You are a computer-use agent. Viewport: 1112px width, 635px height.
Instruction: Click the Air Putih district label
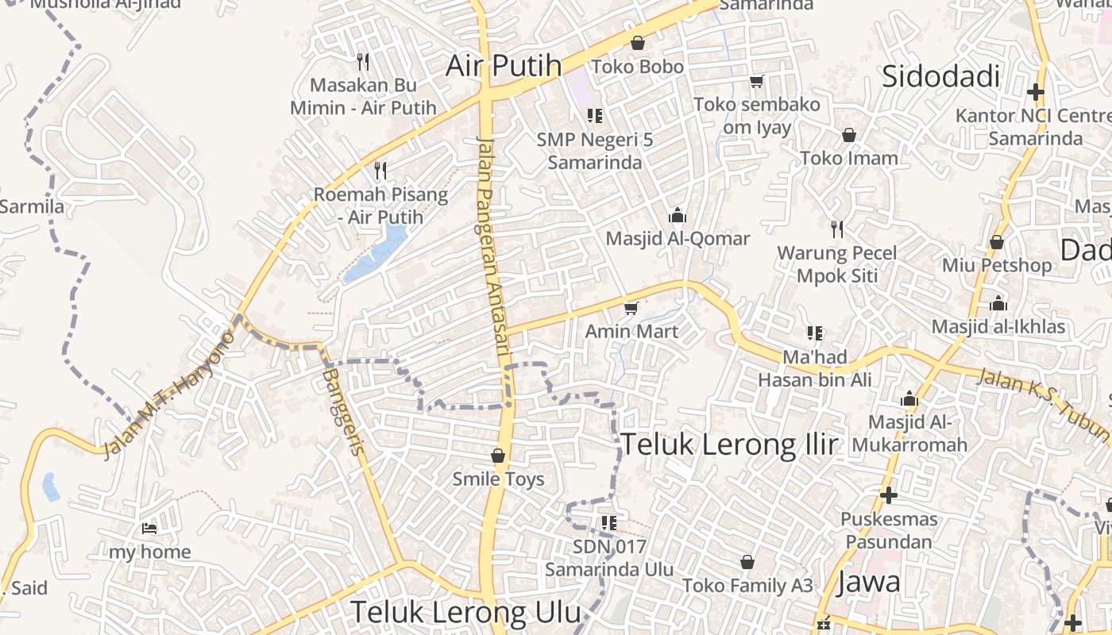(x=504, y=66)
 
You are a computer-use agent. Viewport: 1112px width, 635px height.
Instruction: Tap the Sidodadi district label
(x=940, y=77)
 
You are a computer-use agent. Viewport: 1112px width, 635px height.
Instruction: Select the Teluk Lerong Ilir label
(x=728, y=444)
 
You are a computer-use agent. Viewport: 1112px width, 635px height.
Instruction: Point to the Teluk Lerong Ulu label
(x=466, y=612)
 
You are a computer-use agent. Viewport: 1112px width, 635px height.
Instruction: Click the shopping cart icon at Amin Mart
(x=631, y=308)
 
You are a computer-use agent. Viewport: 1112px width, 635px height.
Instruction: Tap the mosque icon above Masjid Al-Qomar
(x=677, y=215)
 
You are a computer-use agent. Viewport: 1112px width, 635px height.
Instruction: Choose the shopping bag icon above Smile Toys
(x=498, y=456)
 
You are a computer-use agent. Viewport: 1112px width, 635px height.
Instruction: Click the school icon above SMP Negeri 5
(x=594, y=116)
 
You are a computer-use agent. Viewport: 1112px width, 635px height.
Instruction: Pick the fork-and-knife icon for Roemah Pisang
(x=380, y=170)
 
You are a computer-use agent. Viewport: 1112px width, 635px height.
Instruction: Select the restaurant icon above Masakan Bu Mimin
(x=363, y=61)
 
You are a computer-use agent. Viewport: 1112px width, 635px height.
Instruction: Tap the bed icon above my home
(x=149, y=529)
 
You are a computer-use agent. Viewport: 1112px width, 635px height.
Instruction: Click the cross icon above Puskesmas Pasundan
(x=889, y=495)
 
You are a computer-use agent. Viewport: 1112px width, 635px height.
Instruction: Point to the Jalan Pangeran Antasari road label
(x=493, y=254)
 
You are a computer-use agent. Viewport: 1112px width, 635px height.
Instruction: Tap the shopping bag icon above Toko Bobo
(x=637, y=43)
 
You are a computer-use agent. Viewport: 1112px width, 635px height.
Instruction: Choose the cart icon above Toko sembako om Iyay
(x=756, y=81)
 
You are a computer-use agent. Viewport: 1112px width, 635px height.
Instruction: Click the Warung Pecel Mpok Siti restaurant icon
(x=836, y=229)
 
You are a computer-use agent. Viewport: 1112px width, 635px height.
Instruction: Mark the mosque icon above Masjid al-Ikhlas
(x=998, y=303)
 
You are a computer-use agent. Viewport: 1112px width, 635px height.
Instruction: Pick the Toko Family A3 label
(x=748, y=586)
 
